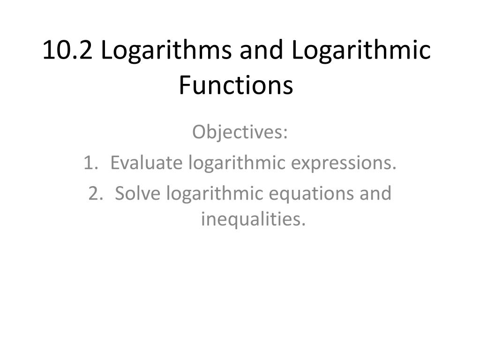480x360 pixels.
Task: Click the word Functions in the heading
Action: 236,86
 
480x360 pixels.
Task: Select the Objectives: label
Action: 240,133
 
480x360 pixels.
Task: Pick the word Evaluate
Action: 146,163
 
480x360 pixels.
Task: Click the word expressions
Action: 344,164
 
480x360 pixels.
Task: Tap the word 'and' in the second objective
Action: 375,194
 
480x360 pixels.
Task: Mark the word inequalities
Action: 253,219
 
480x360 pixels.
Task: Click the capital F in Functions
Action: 184,86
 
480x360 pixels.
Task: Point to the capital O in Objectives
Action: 199,133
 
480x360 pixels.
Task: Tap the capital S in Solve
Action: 120,194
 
